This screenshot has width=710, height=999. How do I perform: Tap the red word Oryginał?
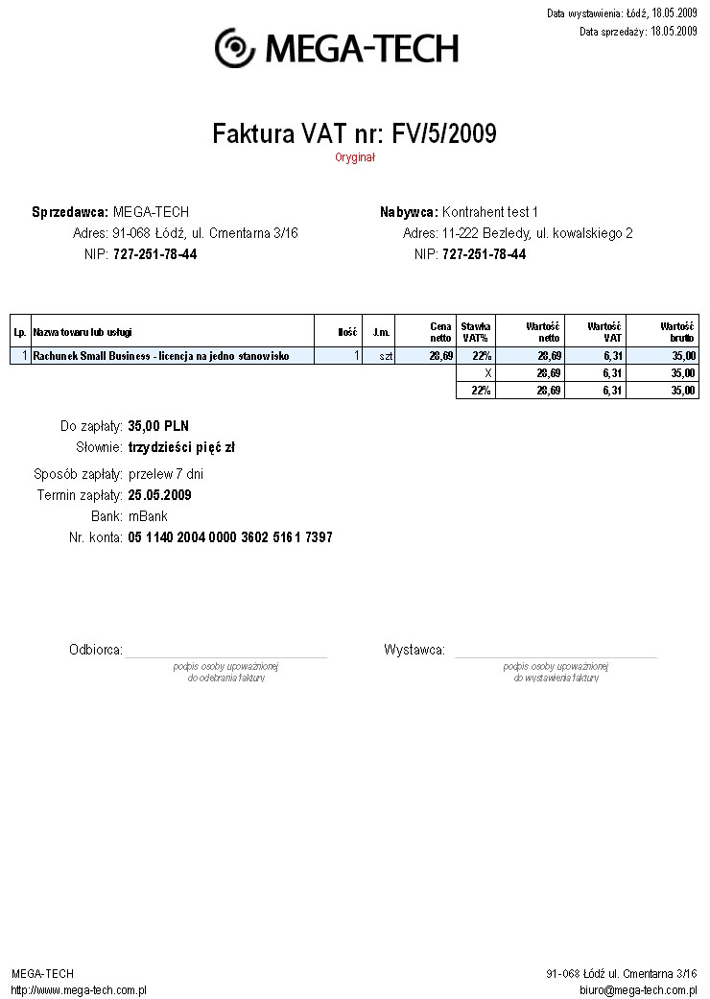pyautogui.click(x=355, y=157)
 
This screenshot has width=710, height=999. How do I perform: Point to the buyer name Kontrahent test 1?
pyautogui.click(x=490, y=212)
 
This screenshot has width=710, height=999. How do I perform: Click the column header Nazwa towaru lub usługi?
pyautogui.click(x=83, y=332)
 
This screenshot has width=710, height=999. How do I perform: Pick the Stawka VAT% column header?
pyautogui.click(x=476, y=332)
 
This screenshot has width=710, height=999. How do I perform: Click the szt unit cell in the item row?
pyautogui.click(x=386, y=356)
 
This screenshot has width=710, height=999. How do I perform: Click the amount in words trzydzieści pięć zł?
pyautogui.click(x=181, y=447)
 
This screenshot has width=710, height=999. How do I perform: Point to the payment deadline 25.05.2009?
pyautogui.click(x=159, y=495)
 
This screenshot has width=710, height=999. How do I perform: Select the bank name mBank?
pyautogui.click(x=148, y=516)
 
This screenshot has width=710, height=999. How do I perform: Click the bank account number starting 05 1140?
pyautogui.click(x=230, y=537)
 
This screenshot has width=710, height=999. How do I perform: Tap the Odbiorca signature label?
pyautogui.click(x=96, y=651)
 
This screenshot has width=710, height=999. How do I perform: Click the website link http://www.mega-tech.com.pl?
pyautogui.click(x=79, y=989)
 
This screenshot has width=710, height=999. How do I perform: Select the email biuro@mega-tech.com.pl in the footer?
pyautogui.click(x=638, y=989)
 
